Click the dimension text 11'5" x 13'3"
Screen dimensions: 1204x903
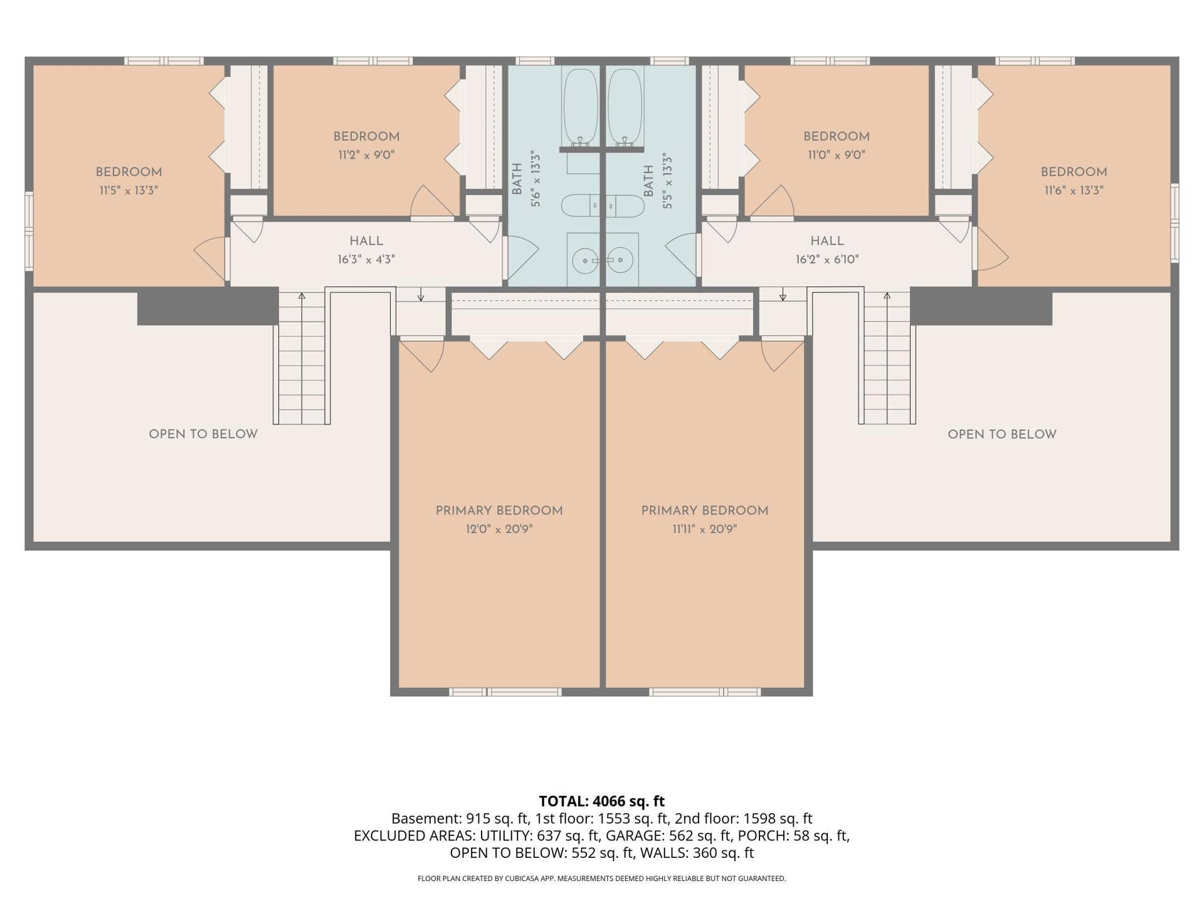tap(129, 190)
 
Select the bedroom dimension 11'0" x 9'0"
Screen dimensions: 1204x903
tap(837, 154)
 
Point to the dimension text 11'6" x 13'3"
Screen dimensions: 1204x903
tap(1074, 190)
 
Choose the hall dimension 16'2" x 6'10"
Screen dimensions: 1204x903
tap(827, 259)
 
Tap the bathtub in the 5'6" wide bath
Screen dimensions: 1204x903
tap(581, 107)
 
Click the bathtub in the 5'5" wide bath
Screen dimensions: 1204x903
tap(625, 107)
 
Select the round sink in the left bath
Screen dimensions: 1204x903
tap(585, 260)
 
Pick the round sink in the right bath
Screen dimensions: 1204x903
tap(620, 260)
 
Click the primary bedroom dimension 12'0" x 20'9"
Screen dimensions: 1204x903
tap(499, 529)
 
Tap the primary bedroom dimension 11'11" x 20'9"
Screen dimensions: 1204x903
tap(705, 529)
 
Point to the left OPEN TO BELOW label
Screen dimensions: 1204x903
tap(203, 434)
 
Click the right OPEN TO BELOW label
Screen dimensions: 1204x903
tap(1002, 434)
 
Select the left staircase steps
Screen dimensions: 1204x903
tap(302, 358)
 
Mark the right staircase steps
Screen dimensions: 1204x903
tap(887, 358)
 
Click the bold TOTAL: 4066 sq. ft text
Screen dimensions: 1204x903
tap(602, 801)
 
